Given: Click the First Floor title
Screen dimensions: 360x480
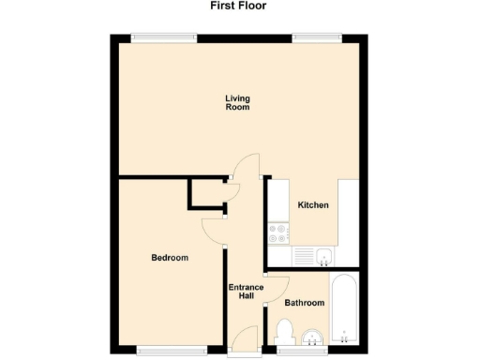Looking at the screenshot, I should (x=239, y=6).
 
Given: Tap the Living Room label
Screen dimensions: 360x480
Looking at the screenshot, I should (x=238, y=102).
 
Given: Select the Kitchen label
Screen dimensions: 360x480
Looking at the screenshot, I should (x=313, y=205).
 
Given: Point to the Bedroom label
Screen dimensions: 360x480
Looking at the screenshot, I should (x=170, y=258).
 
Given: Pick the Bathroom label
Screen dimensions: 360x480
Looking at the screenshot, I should (x=305, y=303).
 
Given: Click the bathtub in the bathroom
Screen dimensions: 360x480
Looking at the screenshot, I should (x=345, y=310).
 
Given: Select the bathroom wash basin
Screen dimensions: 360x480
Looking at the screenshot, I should (x=313, y=337).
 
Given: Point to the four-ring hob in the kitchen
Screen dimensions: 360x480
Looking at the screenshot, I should (x=278, y=232).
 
